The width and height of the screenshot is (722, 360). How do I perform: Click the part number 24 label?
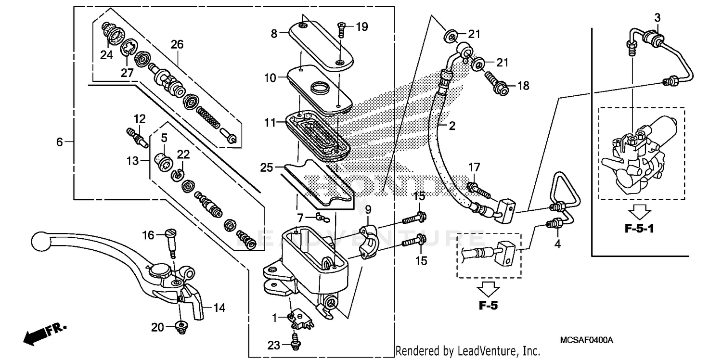106,55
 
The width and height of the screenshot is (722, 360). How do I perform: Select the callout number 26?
177,44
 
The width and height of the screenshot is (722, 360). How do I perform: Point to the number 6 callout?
60,142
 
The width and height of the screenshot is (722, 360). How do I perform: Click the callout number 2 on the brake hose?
452,127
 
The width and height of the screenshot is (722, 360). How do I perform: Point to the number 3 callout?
657,17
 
